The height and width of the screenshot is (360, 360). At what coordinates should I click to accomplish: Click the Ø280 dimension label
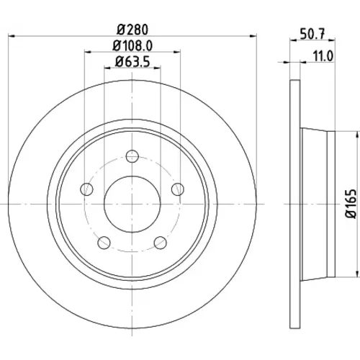pos(132,30)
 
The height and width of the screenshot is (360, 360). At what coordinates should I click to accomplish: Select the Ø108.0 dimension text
pos(132,45)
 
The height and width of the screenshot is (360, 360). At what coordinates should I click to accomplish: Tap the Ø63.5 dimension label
pos(132,62)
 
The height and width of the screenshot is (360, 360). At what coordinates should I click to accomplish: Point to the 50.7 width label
pos(312,34)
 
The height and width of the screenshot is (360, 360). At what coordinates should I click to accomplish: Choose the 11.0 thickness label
pos(323,57)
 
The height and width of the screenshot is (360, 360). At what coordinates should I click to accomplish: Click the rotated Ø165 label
pos(351,204)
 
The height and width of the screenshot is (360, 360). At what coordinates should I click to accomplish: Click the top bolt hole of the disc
pos(132,156)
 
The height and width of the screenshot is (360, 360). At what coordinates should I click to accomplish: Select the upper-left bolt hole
pos(86,189)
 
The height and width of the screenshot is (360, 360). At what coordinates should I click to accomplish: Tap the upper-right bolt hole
pos(178,189)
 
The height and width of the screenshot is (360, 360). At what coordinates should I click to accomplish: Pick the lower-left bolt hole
pos(104,243)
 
